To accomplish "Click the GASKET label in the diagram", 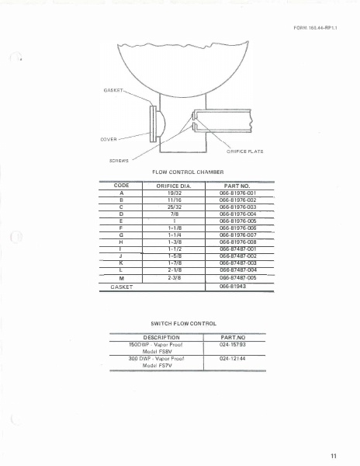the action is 113,89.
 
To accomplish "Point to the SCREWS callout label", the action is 112,158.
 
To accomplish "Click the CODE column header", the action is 121,186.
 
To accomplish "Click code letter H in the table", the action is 121,242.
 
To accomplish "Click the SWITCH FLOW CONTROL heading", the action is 183,322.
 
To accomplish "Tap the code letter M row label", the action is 121,277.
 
